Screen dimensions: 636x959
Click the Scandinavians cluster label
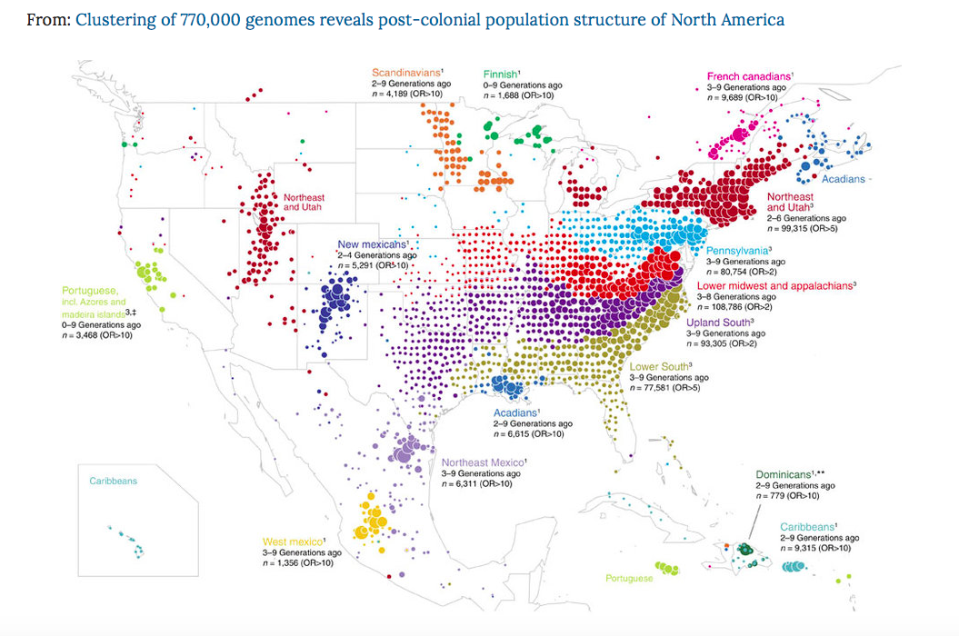pyautogui.click(x=405, y=73)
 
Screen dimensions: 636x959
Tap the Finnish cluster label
pyautogui.click(x=500, y=74)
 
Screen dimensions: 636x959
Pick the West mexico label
pyautogui.click(x=293, y=542)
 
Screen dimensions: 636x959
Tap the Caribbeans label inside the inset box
pyautogui.click(x=114, y=481)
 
